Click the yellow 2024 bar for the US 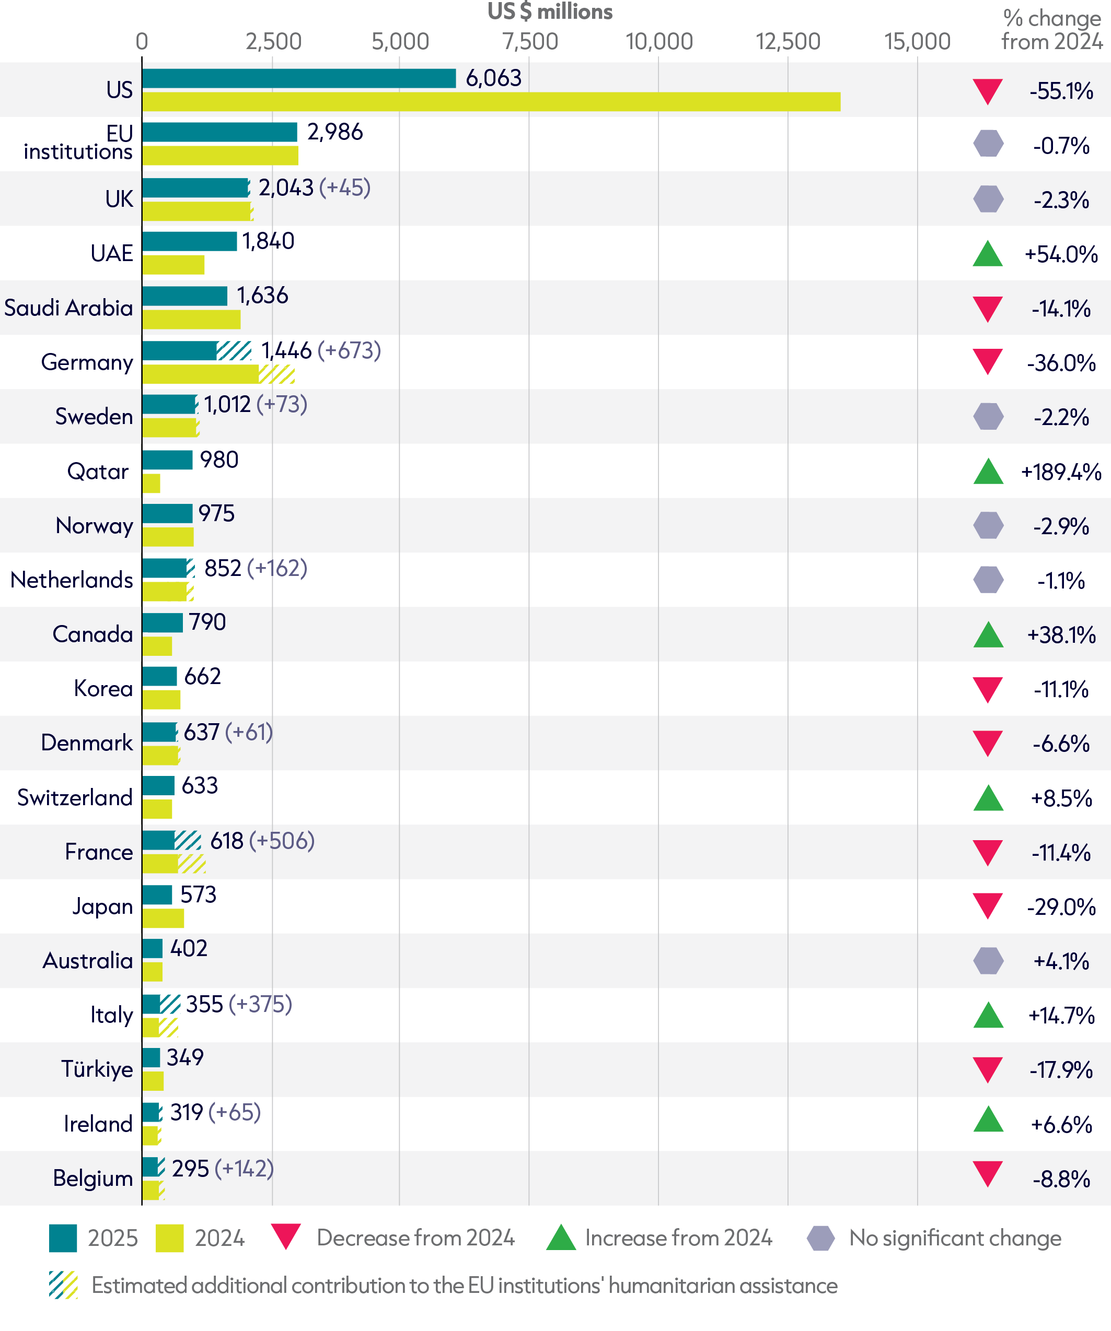(491, 101)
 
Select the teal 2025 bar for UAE (190, 241)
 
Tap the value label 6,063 (493, 78)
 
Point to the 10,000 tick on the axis (659, 42)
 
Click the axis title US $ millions (550, 11)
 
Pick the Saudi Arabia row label (68, 308)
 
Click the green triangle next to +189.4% (988, 471)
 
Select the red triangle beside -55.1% (988, 91)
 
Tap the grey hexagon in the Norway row (988, 525)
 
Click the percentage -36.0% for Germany (1061, 363)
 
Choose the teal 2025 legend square (63, 1238)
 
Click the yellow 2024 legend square (169, 1238)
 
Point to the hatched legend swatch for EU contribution (63, 1286)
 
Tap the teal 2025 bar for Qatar (167, 460)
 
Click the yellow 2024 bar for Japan (163, 918)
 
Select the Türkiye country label (97, 1069)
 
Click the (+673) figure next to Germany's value (350, 350)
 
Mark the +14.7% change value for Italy (1061, 1016)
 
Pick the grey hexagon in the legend (820, 1238)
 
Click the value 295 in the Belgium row (190, 1168)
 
